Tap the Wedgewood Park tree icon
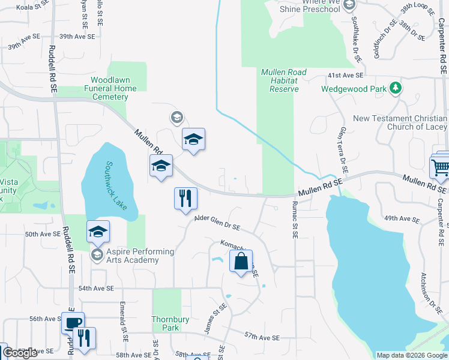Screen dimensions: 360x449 coord(395,88)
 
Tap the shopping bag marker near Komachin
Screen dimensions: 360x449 coord(241,261)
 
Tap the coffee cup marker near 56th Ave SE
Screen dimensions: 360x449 coord(73,323)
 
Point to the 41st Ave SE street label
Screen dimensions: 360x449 coord(345,76)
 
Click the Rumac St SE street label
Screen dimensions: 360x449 coord(295,220)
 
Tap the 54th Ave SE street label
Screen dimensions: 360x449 coord(95,289)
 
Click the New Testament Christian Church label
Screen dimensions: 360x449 coord(400,122)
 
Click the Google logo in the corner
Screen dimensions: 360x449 coord(20,353)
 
